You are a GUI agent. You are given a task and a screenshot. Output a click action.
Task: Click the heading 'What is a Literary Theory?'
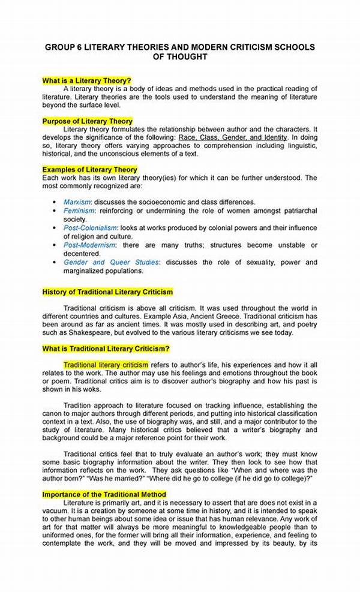point(86,80)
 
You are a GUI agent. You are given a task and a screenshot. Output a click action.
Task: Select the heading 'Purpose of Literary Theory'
point(88,121)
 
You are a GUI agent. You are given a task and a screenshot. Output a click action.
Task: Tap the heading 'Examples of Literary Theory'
point(89,170)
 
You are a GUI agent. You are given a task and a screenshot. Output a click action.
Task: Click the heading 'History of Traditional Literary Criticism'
point(107,292)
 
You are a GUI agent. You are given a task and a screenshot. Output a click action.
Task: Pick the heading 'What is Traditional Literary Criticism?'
point(106,348)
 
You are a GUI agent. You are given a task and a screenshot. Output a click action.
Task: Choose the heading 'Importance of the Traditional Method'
point(104,494)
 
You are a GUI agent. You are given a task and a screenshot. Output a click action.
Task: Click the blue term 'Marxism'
point(77,202)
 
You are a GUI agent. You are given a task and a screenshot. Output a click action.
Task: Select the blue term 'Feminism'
point(79,211)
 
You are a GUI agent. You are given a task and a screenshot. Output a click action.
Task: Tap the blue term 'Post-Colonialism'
point(91,229)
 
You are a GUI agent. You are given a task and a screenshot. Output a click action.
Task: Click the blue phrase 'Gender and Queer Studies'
point(112,262)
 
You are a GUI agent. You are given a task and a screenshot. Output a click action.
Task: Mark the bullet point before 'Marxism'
point(55,203)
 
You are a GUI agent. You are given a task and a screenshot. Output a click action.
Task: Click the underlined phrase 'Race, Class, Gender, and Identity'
point(238,137)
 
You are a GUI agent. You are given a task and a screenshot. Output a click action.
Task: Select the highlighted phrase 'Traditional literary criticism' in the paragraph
point(106,365)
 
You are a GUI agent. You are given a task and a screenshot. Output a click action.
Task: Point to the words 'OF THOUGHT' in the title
point(181,57)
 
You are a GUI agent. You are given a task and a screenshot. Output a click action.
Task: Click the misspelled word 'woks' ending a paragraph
point(92,389)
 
